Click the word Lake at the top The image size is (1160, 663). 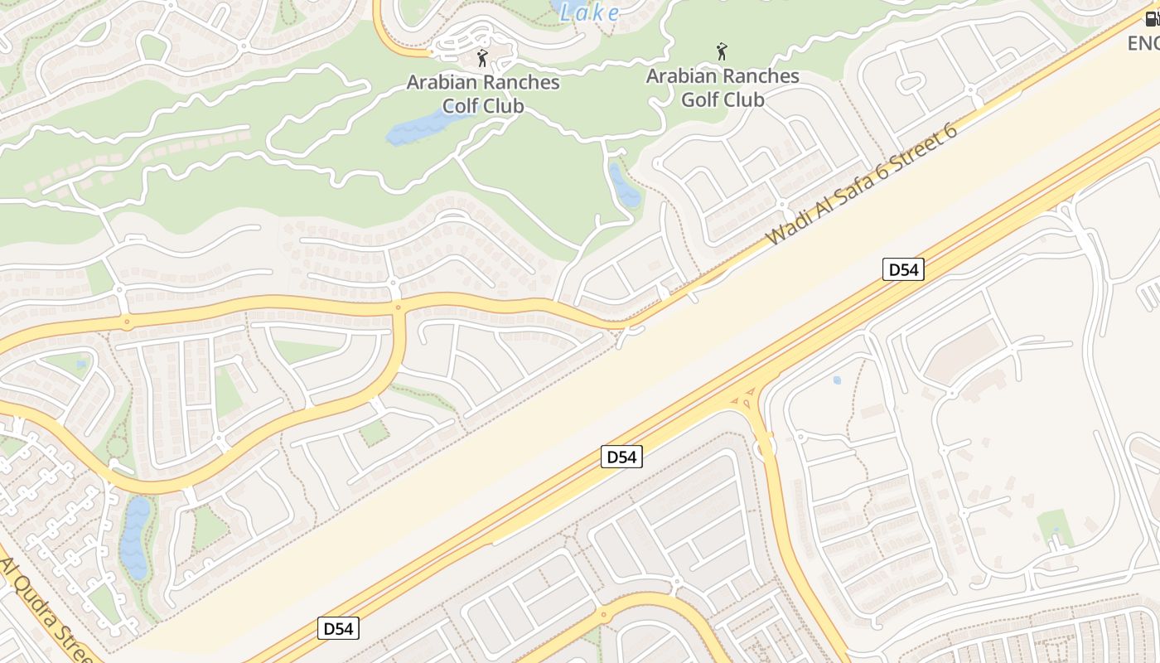point(589,12)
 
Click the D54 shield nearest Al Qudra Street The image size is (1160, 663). point(338,628)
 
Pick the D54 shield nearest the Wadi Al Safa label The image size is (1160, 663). point(902,269)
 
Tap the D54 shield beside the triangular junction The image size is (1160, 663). point(621,457)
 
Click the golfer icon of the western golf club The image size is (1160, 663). point(482,58)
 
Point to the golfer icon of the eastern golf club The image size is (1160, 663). point(722,51)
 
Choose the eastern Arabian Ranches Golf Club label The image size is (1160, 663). point(723,88)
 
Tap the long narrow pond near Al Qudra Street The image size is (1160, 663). point(135,537)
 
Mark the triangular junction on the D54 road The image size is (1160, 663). point(745,397)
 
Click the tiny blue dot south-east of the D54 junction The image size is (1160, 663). point(836,380)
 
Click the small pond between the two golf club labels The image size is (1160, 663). point(624,186)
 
